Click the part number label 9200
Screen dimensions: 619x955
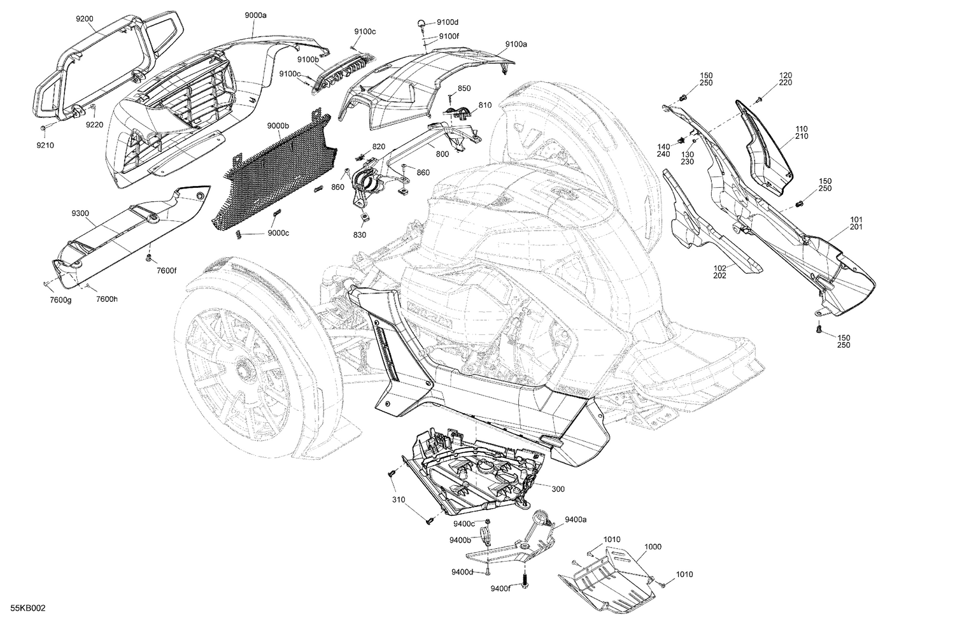pyautogui.click(x=84, y=19)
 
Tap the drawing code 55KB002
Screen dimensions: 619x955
pyautogui.click(x=24, y=609)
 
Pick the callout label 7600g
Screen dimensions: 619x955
pyautogui.click(x=61, y=299)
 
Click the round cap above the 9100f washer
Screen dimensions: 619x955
pyautogui.click(x=421, y=23)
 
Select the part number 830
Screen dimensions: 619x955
pyautogui.click(x=360, y=235)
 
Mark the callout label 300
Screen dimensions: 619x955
pyautogui.click(x=558, y=489)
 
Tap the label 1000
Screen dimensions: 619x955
pyautogui.click(x=653, y=547)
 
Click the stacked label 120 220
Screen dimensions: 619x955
pyautogui.click(x=785, y=79)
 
